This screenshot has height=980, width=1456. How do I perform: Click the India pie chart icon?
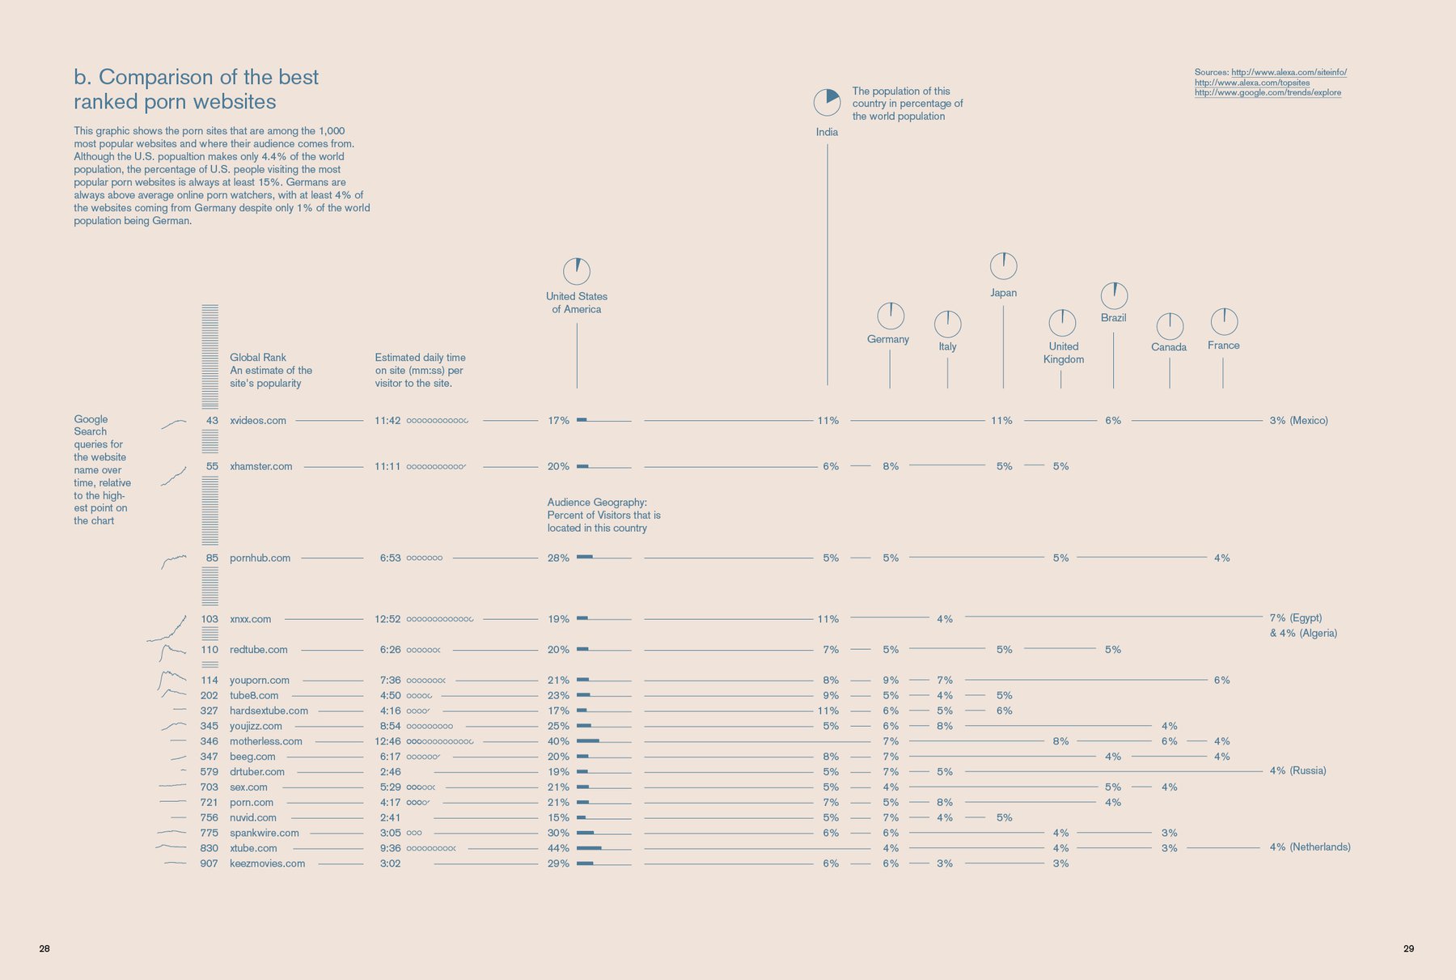coord(827,102)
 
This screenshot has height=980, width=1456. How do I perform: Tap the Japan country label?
coord(1003,293)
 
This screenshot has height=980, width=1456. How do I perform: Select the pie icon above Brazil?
coord(1114,295)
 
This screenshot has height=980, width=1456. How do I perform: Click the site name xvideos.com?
coord(258,421)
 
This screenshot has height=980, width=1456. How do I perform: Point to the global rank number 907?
coord(209,863)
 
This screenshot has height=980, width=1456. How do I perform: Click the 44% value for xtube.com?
coord(558,848)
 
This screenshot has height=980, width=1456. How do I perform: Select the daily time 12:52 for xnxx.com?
coord(387,619)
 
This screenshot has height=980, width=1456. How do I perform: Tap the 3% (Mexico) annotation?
coord(1298,421)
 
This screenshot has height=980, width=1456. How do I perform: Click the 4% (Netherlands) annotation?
coord(1310,847)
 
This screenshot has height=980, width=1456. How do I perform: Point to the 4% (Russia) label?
coord(1297,771)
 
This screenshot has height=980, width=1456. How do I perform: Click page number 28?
coord(44,948)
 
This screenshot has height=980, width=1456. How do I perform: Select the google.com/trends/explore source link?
coord(1268,93)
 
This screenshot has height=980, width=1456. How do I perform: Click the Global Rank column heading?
coord(258,358)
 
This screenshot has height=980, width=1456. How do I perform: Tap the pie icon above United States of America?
coord(577,271)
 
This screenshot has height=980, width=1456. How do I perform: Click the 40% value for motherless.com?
coord(558,741)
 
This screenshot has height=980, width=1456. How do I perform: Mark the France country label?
coord(1223,346)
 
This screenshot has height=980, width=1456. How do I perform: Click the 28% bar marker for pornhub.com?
coord(585,558)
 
